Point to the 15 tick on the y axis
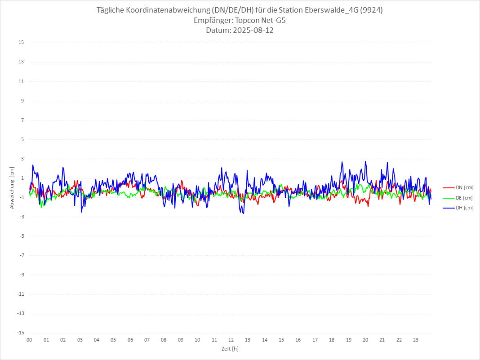pyautogui.click(x=21, y=43)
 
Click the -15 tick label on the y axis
pyautogui.click(x=20, y=333)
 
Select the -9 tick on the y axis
pyautogui.click(x=21, y=275)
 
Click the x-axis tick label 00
pyautogui.click(x=29, y=340)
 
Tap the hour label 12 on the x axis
pyautogui.click(x=231, y=340)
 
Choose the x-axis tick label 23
pyautogui.click(x=416, y=340)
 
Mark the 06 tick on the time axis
pyautogui.click(x=130, y=340)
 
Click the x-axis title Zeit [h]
pyautogui.click(x=230, y=349)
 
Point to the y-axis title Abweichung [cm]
pyautogui.click(x=12, y=187)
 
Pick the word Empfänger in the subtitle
pyautogui.click(x=211, y=21)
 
